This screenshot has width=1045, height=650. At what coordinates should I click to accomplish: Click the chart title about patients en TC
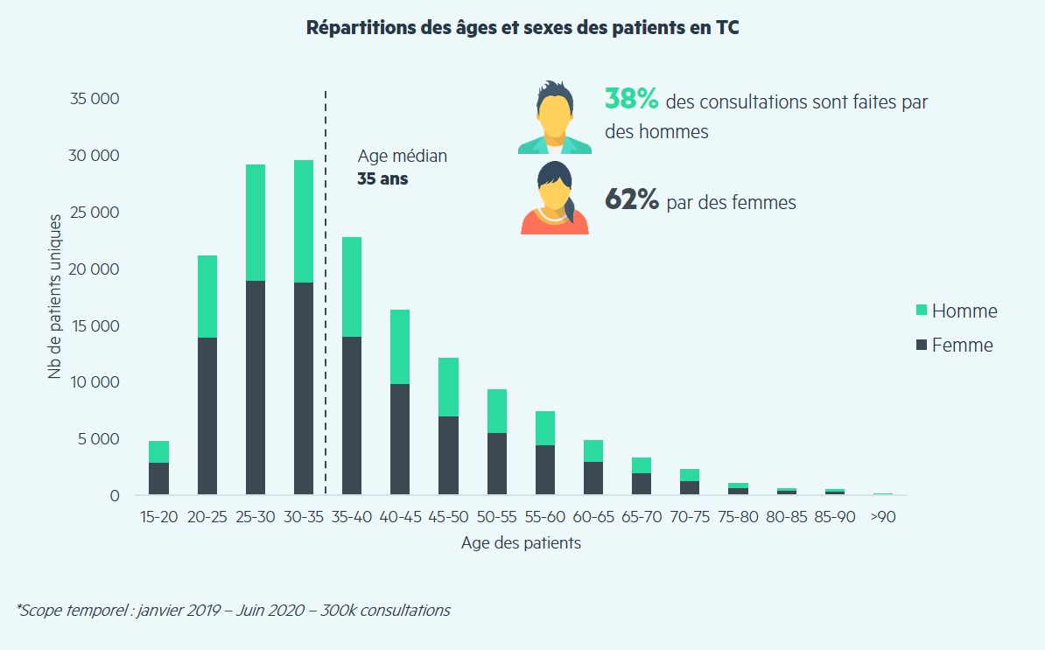[522, 27]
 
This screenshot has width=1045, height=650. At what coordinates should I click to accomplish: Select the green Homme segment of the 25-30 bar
[256, 222]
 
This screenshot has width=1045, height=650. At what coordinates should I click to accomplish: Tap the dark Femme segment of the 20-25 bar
[207, 416]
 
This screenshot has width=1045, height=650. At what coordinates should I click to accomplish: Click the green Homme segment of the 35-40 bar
[352, 287]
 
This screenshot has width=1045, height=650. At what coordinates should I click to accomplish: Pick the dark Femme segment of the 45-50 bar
[448, 456]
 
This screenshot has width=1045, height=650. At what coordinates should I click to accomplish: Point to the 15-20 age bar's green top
[159, 451]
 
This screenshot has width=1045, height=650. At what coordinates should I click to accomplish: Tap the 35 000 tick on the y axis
[95, 99]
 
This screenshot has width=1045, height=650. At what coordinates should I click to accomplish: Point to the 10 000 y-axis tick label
[95, 382]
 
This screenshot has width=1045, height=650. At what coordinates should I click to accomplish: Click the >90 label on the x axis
[882, 516]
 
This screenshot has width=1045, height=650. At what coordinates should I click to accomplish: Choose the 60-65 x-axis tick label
[593, 516]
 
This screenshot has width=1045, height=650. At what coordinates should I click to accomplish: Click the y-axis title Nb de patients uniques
[55, 297]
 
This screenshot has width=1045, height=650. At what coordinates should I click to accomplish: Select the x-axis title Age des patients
[521, 543]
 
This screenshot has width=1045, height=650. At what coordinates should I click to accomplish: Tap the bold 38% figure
[631, 100]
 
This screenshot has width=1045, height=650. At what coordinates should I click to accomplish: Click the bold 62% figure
[631, 200]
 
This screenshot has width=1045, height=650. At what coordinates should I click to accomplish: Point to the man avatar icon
[555, 118]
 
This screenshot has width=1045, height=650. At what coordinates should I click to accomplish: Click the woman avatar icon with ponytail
[555, 199]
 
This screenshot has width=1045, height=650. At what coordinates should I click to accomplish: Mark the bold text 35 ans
[382, 178]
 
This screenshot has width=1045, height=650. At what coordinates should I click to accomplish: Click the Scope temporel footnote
[233, 610]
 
